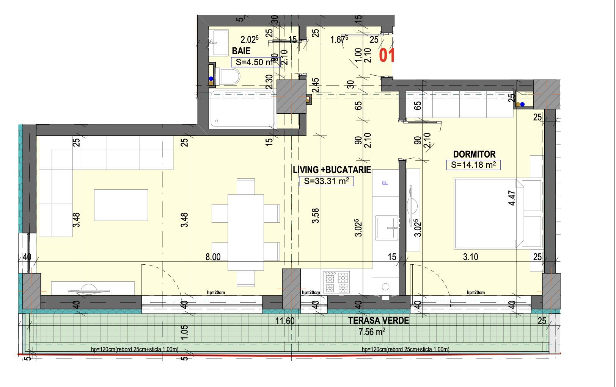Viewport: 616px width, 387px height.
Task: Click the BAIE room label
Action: pyautogui.click(x=241, y=51)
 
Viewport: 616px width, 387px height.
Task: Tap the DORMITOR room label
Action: pyautogui.click(x=474, y=154)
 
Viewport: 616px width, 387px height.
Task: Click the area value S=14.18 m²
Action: pyautogui.click(x=473, y=165)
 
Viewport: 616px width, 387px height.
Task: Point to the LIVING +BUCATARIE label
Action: pyautogui.click(x=332, y=170)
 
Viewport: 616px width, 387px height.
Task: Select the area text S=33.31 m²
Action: pyautogui.click(x=326, y=181)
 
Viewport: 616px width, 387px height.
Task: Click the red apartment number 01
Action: pyautogui.click(x=387, y=56)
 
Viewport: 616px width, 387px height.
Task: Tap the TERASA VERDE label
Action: pyautogui.click(x=379, y=321)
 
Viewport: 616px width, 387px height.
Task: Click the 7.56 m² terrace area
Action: pyautogui.click(x=372, y=332)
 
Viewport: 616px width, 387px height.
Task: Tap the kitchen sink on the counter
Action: pyautogui.click(x=387, y=228)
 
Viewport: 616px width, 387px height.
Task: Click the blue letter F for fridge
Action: pyautogui.click(x=385, y=183)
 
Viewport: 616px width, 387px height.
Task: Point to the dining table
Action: pyautogui.click(x=246, y=232)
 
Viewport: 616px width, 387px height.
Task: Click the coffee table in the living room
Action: pyautogui.click(x=121, y=205)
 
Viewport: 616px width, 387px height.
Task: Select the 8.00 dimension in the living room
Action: pyautogui.click(x=213, y=257)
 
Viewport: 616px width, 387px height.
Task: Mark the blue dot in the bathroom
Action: pyautogui.click(x=211, y=79)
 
